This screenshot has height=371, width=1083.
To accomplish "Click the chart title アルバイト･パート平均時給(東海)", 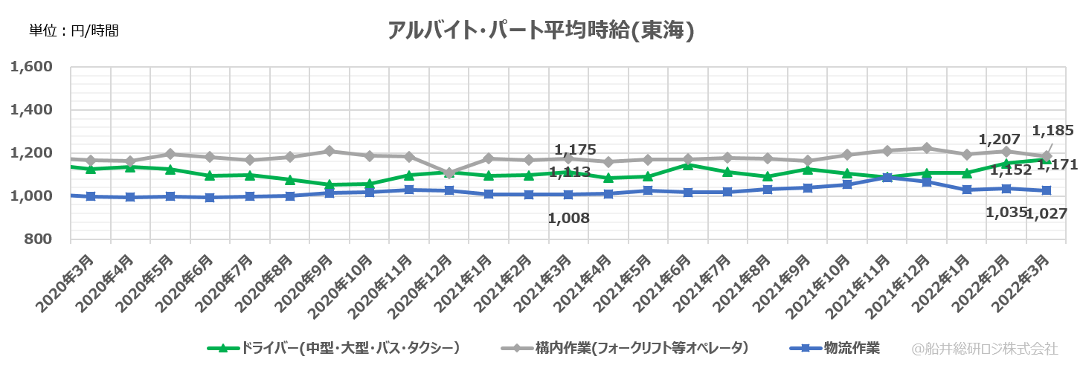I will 541,30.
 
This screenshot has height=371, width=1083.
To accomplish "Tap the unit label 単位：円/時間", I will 74,30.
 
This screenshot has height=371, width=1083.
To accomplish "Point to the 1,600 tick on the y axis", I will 31,67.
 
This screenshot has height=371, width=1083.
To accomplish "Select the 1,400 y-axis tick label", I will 31,110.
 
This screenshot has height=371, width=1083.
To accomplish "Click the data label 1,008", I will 568,218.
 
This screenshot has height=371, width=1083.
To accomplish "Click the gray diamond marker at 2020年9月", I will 330,151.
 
